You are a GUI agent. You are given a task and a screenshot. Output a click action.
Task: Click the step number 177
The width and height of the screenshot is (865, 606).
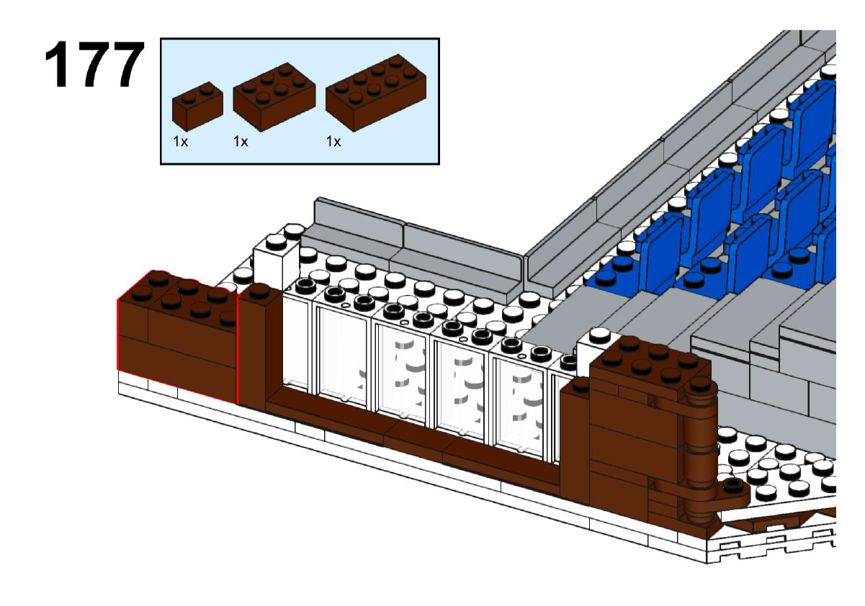click(x=94, y=66)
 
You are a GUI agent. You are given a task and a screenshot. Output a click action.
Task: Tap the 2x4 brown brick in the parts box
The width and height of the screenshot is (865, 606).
click(x=375, y=92)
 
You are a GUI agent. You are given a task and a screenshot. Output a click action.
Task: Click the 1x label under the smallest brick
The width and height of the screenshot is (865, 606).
click(x=180, y=142)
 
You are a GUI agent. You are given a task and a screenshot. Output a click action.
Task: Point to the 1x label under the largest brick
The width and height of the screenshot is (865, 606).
click(x=333, y=142)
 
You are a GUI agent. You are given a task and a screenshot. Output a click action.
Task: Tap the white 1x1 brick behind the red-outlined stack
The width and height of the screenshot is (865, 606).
click(x=275, y=259)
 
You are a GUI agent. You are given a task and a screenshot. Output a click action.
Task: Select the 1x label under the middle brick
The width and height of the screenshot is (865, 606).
click(x=241, y=142)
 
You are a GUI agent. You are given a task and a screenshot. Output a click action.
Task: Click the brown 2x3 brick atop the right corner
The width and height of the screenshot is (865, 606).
click(x=648, y=363)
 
